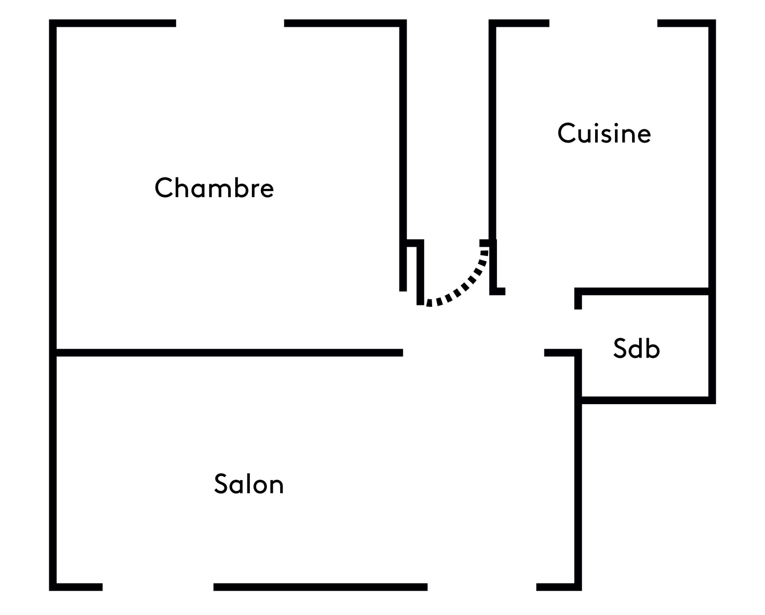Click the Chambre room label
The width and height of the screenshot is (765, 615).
(x=214, y=188)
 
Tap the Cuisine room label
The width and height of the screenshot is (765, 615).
(x=604, y=133)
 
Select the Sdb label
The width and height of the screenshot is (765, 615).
(x=637, y=348)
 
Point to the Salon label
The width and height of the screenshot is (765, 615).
(x=249, y=484)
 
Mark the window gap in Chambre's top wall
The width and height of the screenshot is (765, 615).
(x=230, y=23)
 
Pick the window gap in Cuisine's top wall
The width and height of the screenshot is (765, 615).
(x=603, y=23)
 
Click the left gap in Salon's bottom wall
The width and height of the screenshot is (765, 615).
(x=158, y=587)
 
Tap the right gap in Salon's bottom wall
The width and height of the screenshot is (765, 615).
(x=481, y=587)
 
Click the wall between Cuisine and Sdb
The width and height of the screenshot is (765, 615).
(x=642, y=291)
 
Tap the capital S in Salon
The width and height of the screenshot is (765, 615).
(x=221, y=484)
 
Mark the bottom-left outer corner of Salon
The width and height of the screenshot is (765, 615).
(x=53, y=587)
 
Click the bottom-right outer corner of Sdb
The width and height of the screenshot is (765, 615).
(x=712, y=400)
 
